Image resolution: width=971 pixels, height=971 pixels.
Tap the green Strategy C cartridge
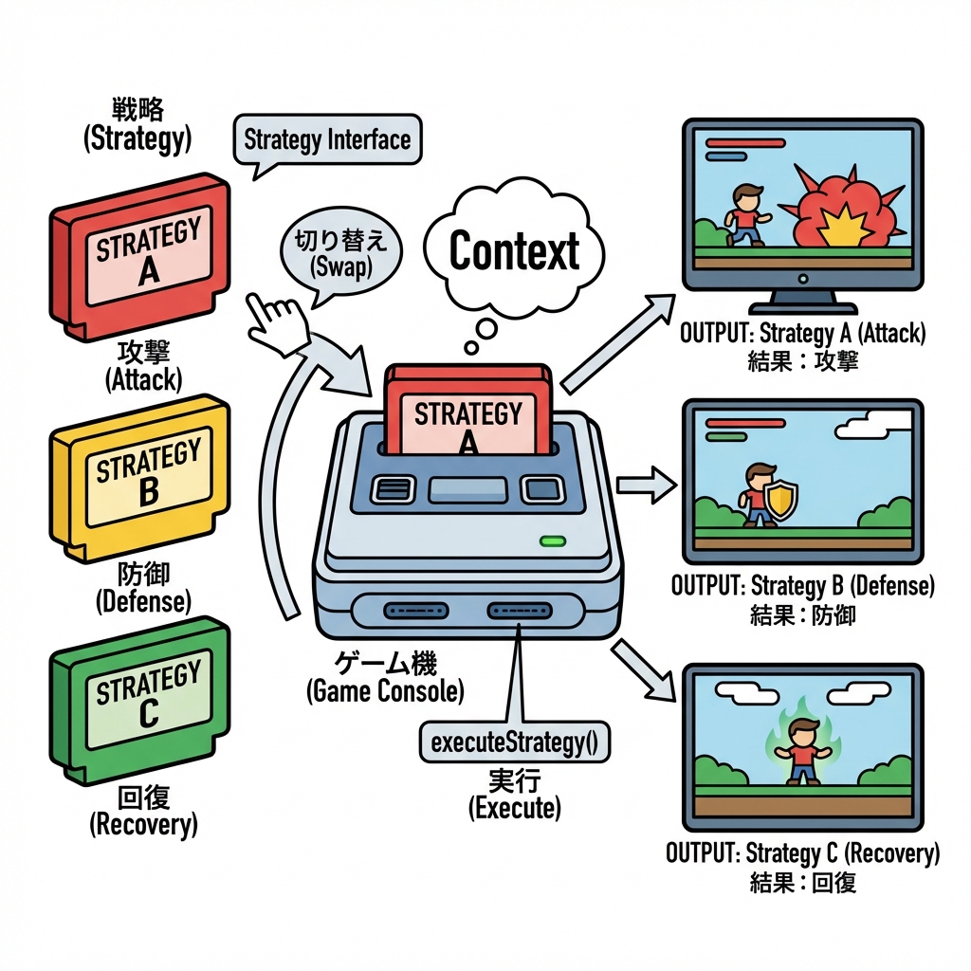click(142, 702)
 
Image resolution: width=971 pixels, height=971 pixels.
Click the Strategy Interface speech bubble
click(326, 140)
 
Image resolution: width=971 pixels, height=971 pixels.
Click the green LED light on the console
click(551, 542)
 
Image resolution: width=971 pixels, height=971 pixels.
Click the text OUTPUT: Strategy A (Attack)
click(802, 334)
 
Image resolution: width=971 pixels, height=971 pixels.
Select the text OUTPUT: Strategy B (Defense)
click(802, 585)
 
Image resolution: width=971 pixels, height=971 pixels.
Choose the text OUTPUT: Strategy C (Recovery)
click(802, 852)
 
